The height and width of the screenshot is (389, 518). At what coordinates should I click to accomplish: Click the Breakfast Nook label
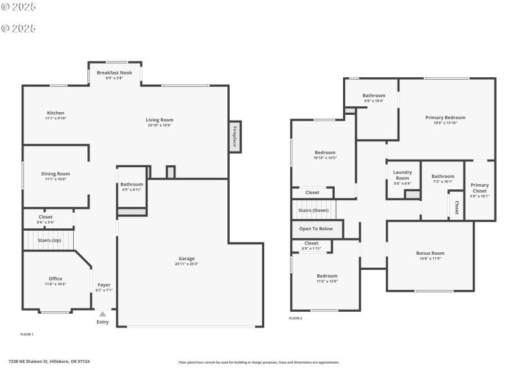(115, 73)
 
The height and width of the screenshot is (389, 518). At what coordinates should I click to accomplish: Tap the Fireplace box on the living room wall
(234, 137)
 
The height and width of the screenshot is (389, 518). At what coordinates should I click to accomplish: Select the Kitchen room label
(56, 113)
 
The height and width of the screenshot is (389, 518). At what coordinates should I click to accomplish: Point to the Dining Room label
(56, 174)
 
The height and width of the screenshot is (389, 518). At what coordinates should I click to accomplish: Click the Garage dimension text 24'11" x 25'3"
(186, 264)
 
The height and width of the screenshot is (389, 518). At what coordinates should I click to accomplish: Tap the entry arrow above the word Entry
(102, 314)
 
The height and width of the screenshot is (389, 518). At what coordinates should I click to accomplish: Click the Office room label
(56, 279)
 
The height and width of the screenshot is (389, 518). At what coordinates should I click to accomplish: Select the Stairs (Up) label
(49, 241)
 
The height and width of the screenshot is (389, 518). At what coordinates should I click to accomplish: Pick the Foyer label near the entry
(104, 285)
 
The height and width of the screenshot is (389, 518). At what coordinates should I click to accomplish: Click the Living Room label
(159, 119)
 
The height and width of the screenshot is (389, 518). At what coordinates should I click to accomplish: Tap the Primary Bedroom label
(445, 117)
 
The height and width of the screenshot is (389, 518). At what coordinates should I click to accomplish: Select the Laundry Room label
(402, 175)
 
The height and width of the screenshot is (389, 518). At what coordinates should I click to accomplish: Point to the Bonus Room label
(430, 253)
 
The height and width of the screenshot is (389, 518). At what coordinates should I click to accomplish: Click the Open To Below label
(316, 228)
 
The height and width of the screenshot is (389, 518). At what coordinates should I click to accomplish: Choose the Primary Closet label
(480, 188)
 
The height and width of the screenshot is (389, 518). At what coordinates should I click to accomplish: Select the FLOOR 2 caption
(295, 318)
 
